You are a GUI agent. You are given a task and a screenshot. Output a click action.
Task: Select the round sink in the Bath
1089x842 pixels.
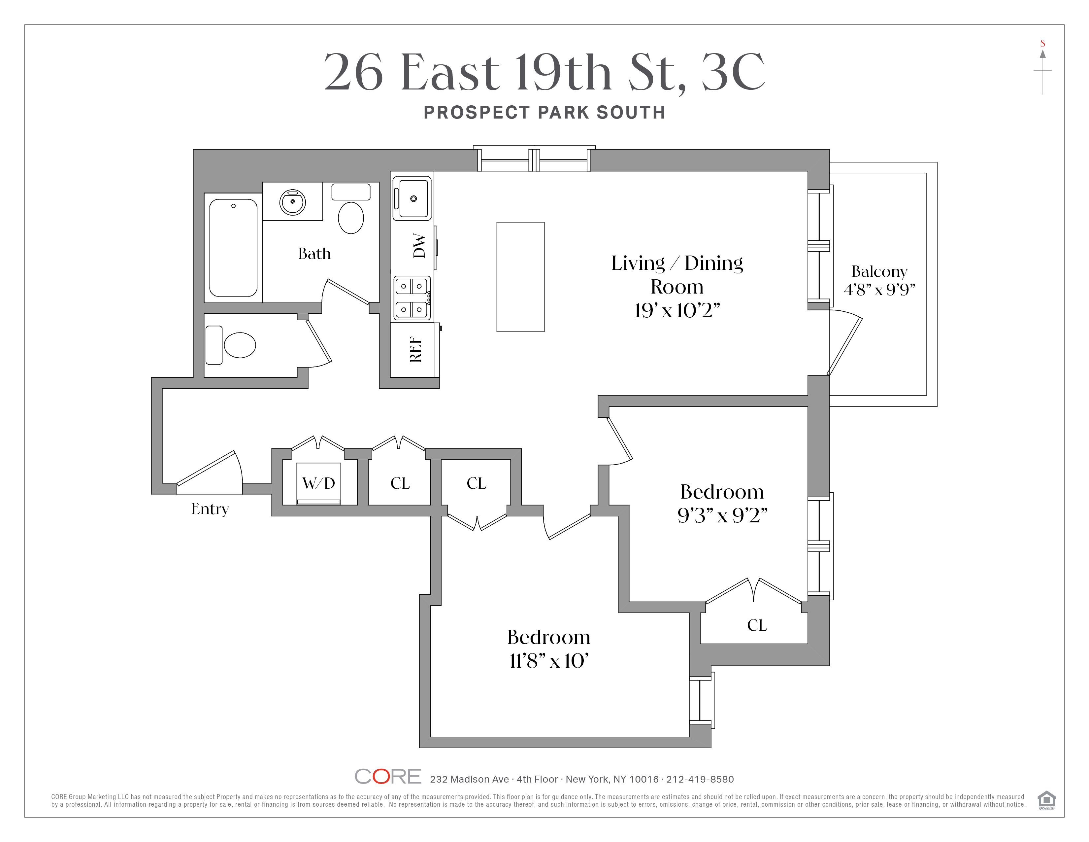click(x=293, y=201)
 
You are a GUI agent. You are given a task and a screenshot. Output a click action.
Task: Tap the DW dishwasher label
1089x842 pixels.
click(x=419, y=245)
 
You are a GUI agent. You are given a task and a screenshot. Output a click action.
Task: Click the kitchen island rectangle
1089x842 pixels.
click(x=520, y=277)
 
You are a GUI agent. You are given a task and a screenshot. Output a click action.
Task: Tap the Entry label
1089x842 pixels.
click(x=210, y=509)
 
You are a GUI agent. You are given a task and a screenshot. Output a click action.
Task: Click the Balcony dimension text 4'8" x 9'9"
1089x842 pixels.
click(x=879, y=289)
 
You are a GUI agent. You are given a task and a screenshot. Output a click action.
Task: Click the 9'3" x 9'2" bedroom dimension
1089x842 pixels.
click(x=722, y=515)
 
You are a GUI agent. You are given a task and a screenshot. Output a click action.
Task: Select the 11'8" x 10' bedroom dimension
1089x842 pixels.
click(x=548, y=661)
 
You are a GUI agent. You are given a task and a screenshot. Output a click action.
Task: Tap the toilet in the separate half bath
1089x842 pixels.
click(x=239, y=345)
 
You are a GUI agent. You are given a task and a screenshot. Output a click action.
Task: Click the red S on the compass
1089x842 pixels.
click(x=1042, y=43)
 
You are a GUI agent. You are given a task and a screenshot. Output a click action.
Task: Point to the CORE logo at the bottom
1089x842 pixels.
click(x=388, y=776)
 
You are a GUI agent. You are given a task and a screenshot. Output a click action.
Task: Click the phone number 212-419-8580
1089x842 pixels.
click(x=700, y=779)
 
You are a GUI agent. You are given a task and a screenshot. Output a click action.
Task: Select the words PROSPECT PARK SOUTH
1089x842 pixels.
click(x=544, y=113)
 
